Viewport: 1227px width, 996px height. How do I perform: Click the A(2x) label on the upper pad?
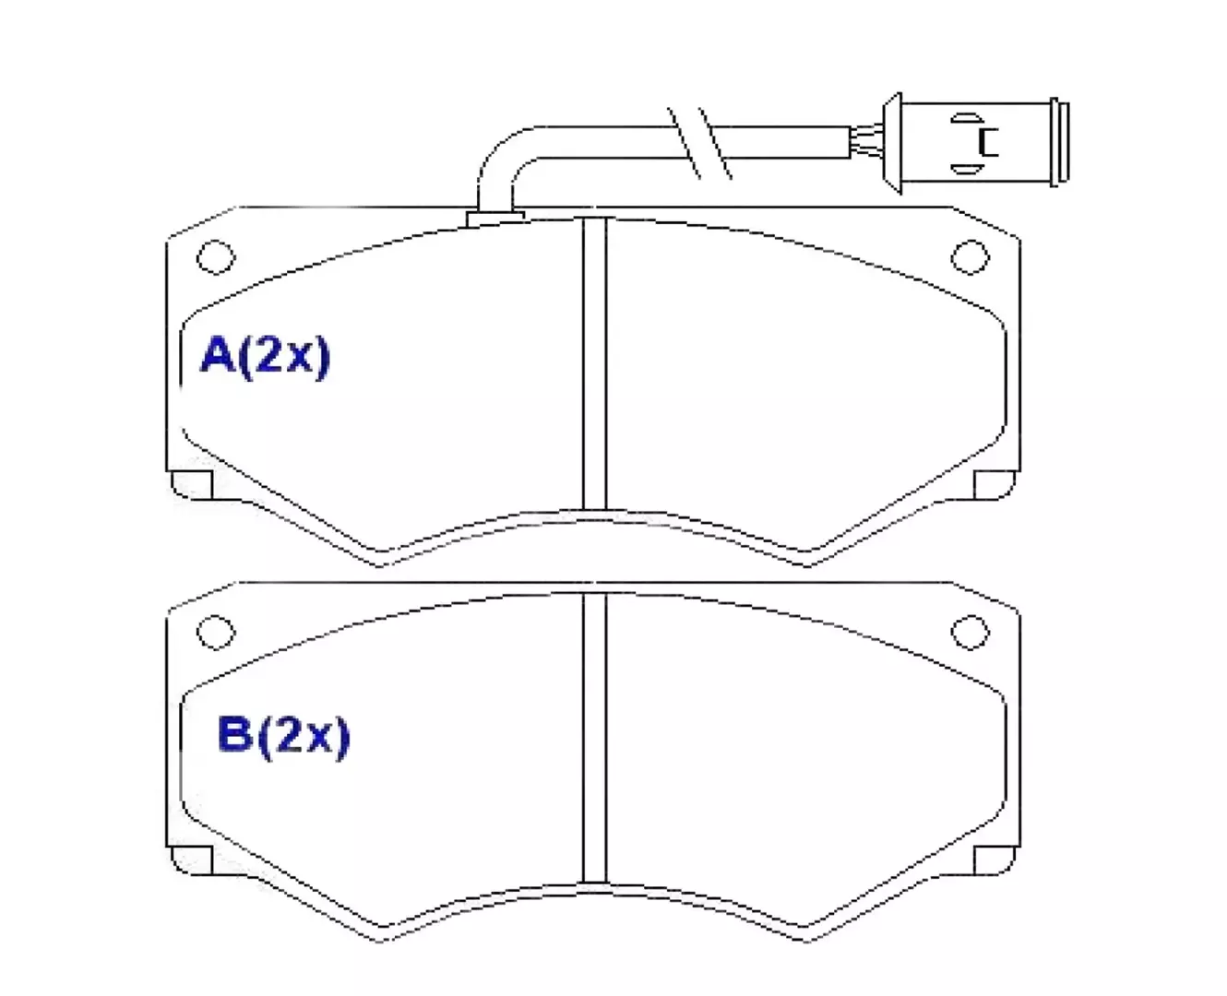[x=265, y=357]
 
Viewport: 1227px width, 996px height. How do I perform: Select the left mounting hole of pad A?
[x=216, y=256]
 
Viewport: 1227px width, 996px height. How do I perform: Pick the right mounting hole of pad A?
[x=971, y=256]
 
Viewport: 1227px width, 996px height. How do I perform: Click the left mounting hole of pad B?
[x=216, y=632]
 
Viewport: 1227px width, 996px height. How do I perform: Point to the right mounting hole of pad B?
[x=971, y=632]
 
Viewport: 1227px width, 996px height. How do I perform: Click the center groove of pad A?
[x=594, y=364]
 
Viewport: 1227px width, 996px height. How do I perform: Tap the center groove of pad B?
[x=594, y=738]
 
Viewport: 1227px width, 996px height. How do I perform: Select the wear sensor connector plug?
[x=976, y=143]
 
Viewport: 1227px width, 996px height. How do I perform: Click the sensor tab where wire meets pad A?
[x=494, y=219]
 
